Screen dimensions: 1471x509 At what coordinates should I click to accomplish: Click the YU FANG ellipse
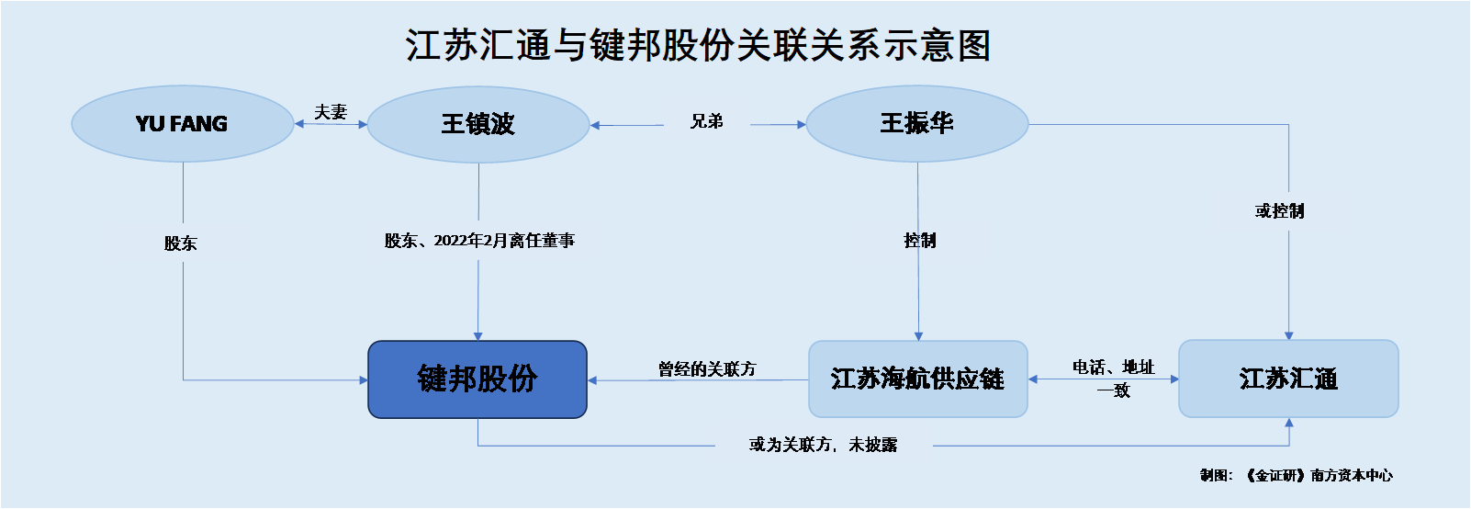[183, 123]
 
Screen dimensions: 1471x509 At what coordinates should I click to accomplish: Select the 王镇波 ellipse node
[478, 124]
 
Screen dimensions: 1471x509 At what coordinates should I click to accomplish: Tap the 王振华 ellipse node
[916, 123]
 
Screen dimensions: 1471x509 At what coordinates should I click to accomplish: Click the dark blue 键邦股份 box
[477, 379]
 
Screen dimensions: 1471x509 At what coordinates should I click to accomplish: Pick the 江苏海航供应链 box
[918, 379]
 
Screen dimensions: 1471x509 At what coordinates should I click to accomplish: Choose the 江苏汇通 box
[1288, 379]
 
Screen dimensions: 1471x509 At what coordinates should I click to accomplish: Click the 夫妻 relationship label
[331, 112]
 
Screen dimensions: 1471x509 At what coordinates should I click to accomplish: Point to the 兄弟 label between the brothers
[707, 121]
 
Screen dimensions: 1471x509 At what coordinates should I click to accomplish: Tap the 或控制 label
[1279, 210]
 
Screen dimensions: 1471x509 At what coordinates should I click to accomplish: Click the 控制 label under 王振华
[919, 241]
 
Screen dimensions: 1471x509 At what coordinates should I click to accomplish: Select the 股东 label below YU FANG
[181, 243]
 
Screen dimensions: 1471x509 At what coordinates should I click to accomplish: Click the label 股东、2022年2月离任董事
[479, 241]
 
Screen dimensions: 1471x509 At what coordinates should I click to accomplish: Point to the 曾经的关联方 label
[707, 369]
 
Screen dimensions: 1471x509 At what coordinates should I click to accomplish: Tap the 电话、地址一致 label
[1114, 379]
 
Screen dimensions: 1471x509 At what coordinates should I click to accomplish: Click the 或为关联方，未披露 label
[823, 445]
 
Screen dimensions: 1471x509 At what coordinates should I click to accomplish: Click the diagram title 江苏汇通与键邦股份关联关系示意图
[698, 45]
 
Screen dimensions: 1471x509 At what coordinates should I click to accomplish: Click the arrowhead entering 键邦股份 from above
[477, 336]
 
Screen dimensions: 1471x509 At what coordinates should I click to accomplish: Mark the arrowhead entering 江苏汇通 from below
[1288, 423]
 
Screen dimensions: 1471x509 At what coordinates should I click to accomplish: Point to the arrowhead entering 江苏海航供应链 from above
[918, 336]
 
